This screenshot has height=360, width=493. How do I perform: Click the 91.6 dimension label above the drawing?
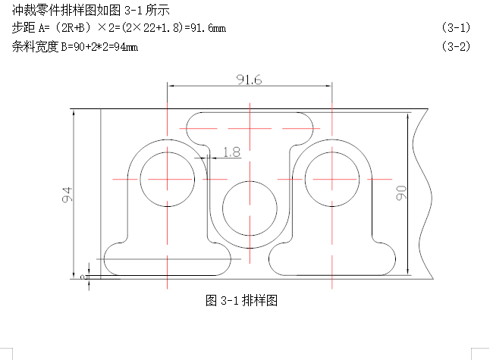[249, 80]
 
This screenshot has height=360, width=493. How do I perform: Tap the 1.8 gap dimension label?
[232, 152]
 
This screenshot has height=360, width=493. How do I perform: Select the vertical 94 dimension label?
[68, 195]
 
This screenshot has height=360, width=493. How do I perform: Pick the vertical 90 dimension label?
[401, 193]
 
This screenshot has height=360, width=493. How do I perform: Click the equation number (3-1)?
[456, 27]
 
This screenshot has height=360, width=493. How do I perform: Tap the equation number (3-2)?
[456, 46]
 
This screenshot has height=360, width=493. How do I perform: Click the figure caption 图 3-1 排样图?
[241, 301]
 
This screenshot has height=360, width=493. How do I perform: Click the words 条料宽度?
[35, 47]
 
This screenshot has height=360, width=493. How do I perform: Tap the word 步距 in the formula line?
[24, 27]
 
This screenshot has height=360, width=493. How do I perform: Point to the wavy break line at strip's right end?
[423, 194]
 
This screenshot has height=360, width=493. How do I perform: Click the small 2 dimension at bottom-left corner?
[83, 277]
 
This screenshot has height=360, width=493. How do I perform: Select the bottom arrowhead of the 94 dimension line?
[74, 275]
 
